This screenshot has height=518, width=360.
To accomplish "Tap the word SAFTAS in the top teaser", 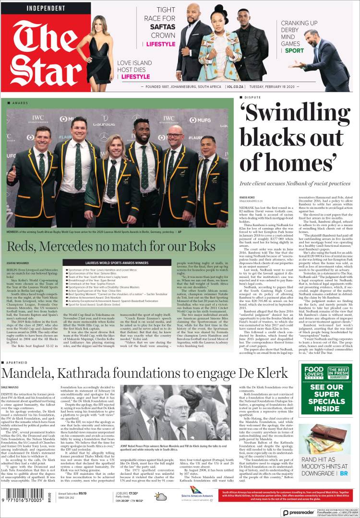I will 162,27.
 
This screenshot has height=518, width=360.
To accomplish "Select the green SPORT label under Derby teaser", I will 294,50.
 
